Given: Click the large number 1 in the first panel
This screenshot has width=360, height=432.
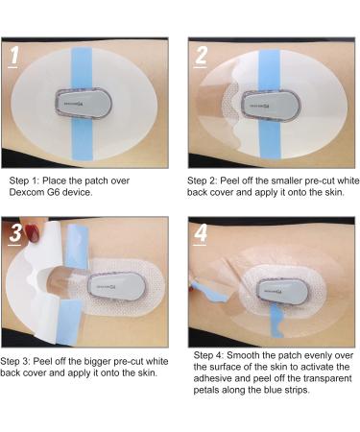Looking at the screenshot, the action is click(13, 56).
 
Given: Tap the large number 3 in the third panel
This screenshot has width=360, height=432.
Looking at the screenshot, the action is click(15, 233).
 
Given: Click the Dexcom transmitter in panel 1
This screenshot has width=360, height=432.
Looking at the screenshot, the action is click(84, 104).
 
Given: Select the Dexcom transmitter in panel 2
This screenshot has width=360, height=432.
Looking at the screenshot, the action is click(271, 106).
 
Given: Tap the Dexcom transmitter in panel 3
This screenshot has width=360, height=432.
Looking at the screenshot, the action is click(117, 287).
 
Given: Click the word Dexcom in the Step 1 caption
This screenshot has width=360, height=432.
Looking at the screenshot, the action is click(27, 192).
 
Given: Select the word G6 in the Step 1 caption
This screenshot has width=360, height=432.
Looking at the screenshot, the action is click(53, 192).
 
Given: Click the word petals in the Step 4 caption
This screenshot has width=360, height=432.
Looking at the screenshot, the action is click(206, 391).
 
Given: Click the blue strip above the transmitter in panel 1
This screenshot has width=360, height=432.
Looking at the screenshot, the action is click(82, 68).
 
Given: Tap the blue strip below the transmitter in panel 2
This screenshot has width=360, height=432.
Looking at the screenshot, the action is click(270, 139).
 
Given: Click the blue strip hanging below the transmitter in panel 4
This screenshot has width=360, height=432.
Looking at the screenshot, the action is click(276, 321).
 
